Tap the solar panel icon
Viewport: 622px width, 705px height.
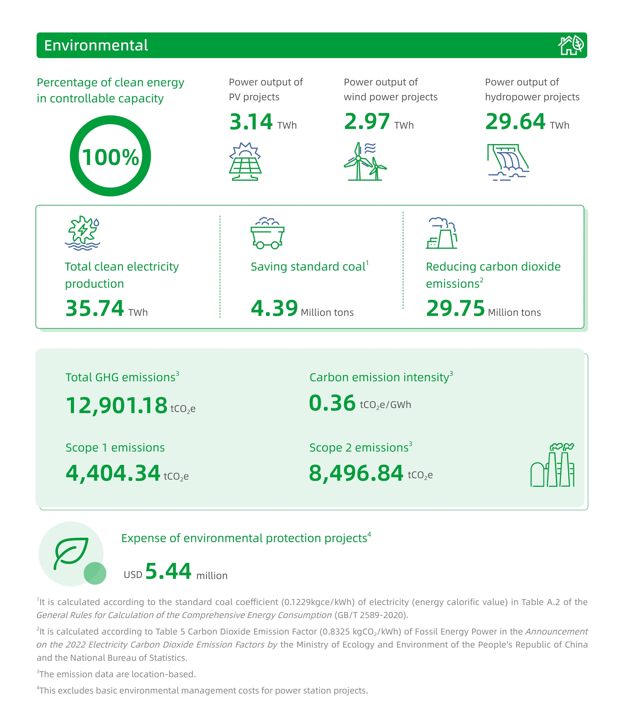pos(245,161)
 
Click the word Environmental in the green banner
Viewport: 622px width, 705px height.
pos(96,45)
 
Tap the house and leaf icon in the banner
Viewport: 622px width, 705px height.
pos(571,45)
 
